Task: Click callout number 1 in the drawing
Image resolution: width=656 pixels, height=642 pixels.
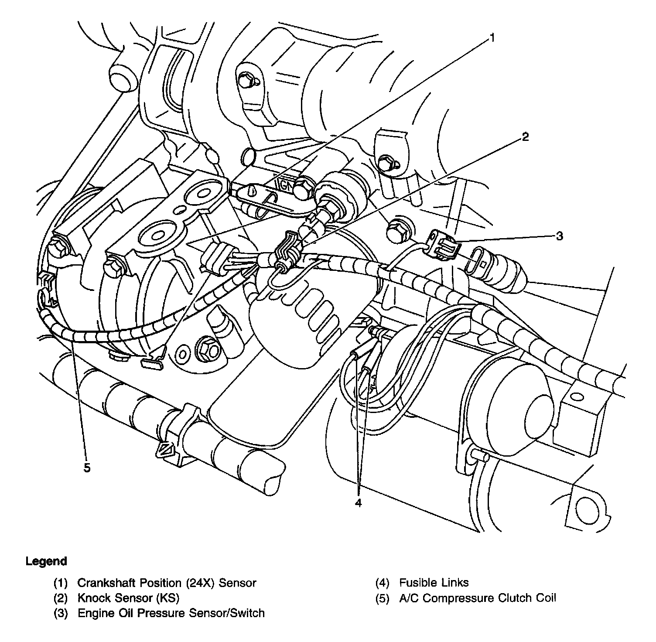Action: pyautogui.click(x=492, y=38)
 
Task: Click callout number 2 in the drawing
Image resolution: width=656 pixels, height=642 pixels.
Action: pyautogui.click(x=526, y=137)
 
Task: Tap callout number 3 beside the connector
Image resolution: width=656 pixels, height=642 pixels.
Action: pyautogui.click(x=560, y=236)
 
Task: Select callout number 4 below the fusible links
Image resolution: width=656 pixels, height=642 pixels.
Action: pyautogui.click(x=358, y=503)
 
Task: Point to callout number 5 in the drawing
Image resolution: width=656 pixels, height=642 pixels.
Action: pyautogui.click(x=87, y=468)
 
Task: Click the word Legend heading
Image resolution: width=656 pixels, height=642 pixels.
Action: pyautogui.click(x=46, y=561)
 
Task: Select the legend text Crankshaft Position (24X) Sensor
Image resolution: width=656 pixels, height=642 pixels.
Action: pyautogui.click(x=167, y=583)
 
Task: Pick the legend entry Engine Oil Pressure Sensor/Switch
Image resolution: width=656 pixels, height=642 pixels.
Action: pyautogui.click(x=171, y=613)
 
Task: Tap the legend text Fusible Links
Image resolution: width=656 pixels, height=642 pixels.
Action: pyautogui.click(x=434, y=583)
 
